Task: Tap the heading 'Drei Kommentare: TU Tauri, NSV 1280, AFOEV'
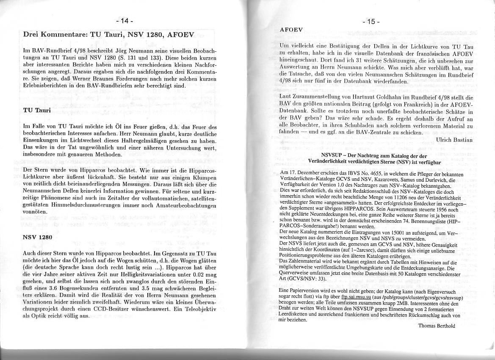108,35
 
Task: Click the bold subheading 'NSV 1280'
38,237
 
